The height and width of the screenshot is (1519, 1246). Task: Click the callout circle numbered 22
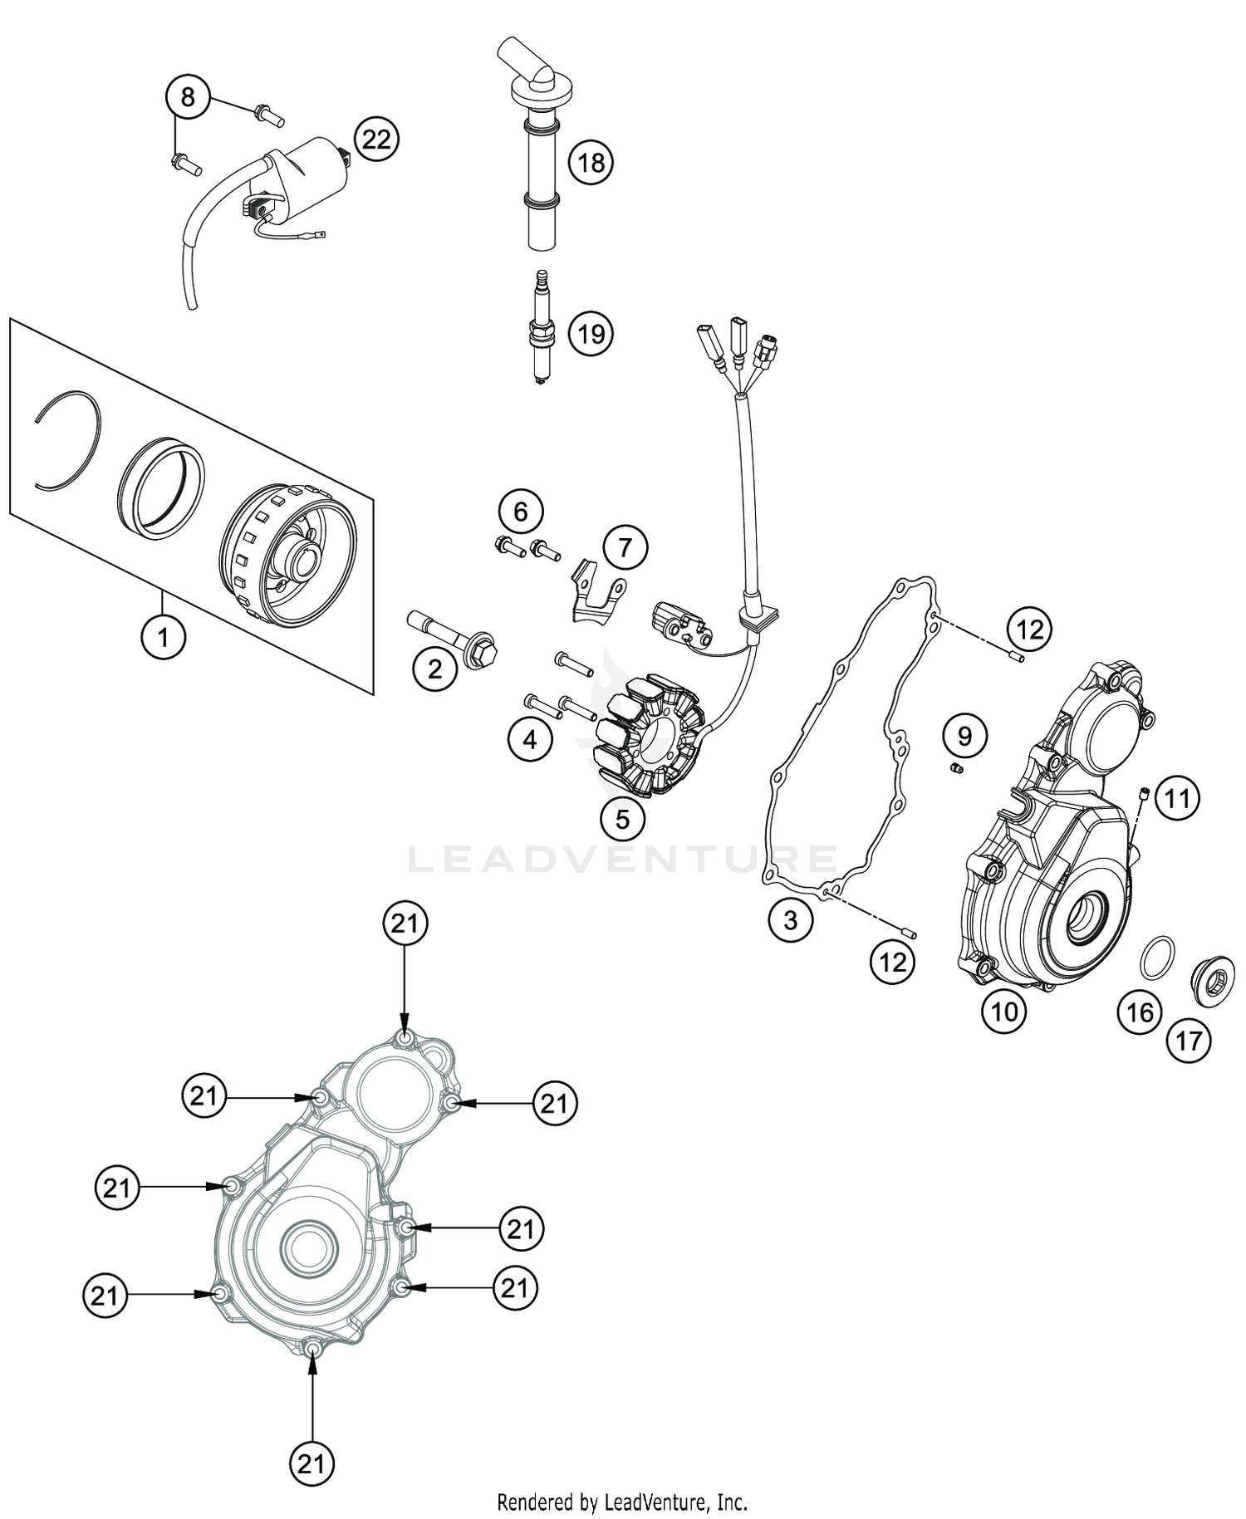[x=376, y=139]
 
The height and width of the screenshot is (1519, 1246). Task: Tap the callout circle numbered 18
[x=591, y=162]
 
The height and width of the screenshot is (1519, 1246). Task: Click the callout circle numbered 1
[x=163, y=638]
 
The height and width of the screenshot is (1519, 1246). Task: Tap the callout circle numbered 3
[x=790, y=919]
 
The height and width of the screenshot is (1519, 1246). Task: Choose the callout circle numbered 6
[x=520, y=512]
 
